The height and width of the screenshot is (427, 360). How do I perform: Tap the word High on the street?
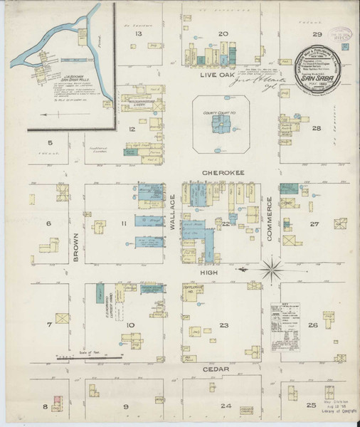pyautogui.click(x=217, y=270)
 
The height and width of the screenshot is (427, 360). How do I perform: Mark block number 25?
pyautogui.click(x=310, y=405)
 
